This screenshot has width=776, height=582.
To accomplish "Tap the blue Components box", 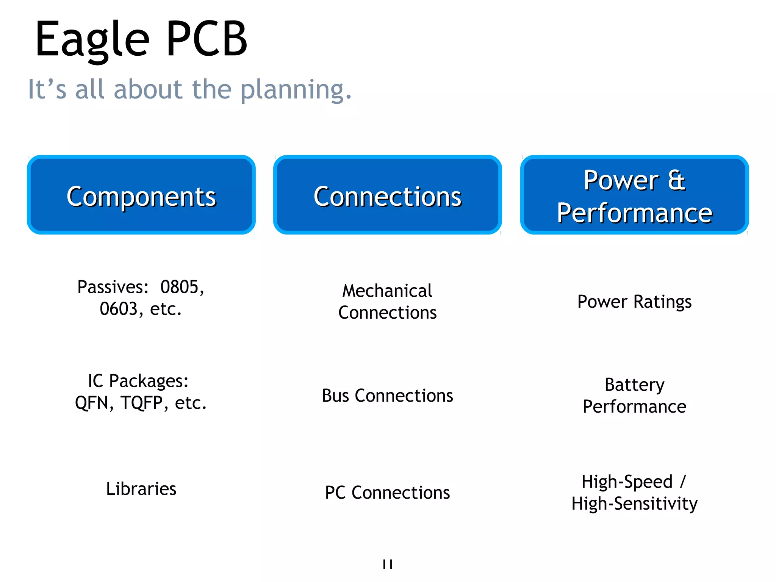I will point(141,195).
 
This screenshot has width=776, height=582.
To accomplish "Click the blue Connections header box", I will point(387,195).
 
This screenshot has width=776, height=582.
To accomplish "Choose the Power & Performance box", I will point(634,195).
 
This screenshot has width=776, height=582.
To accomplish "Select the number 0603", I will point(119,309).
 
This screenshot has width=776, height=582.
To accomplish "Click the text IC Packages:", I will point(138,381).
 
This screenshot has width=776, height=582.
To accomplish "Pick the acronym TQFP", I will point(142,403).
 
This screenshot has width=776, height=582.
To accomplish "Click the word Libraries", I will point(141,489).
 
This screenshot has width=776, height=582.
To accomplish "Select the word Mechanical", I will point(387,291).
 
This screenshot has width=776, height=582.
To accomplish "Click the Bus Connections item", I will point(387,396).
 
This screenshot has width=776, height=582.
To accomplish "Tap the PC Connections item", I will point(387,493).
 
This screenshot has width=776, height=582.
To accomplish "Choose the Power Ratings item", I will point(634,302).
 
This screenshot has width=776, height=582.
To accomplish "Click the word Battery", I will point(634,385).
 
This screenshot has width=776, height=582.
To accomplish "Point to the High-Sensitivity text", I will point(634,504).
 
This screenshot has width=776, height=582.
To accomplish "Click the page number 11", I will point(387,564).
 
